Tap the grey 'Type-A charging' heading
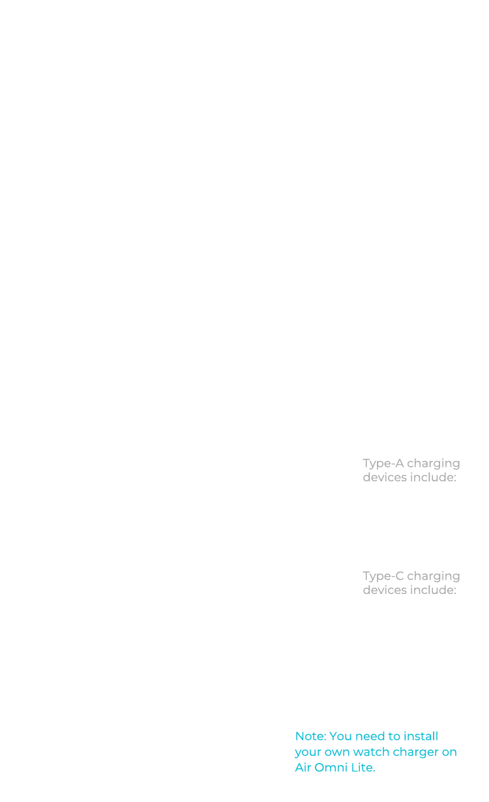click(x=411, y=464)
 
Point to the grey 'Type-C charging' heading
click(x=411, y=576)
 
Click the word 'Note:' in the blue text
click(x=310, y=737)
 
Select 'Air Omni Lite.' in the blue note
click(x=334, y=767)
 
